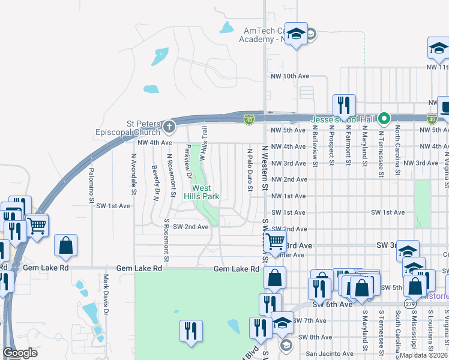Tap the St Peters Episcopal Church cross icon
[x=169, y=127]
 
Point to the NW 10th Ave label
[x=290, y=76]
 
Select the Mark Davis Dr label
[x=106, y=295]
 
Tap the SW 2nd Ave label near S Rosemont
[x=190, y=227]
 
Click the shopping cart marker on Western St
[x=275, y=241]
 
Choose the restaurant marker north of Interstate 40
[x=344, y=105]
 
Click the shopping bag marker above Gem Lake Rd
[x=65, y=245]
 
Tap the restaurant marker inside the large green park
[x=191, y=330]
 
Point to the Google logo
[x=19, y=353]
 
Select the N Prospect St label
[x=331, y=145]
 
